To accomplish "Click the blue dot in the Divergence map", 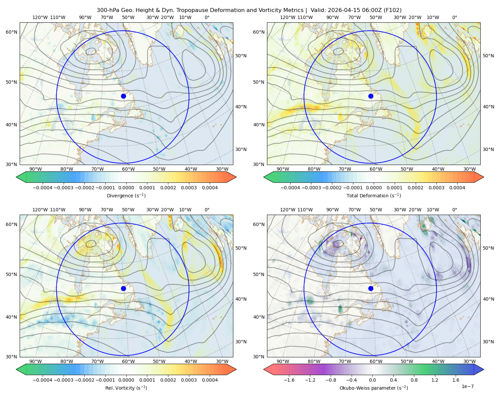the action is (123, 96).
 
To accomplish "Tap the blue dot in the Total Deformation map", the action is (371, 96).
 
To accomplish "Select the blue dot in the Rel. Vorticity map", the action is (123, 288).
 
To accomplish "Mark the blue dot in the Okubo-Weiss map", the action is (371, 288).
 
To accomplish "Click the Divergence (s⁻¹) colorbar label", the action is (126, 195).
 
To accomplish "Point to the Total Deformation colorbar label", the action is (374, 195).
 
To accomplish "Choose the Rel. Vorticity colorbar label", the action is (126, 388).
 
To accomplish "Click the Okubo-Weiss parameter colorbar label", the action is (374, 388).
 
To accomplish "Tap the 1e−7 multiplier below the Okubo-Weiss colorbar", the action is (467, 386).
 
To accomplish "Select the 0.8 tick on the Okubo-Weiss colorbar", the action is (414, 380).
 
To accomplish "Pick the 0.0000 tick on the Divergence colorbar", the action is (126, 188).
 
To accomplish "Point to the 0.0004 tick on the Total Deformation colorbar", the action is (457, 188).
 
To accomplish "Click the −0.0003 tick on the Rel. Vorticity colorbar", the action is (63, 380).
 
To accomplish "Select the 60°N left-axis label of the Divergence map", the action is (11, 32).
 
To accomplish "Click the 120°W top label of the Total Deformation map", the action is (288, 17).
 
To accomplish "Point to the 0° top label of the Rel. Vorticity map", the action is (207, 210).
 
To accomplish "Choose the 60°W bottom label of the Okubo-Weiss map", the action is (376, 361).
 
